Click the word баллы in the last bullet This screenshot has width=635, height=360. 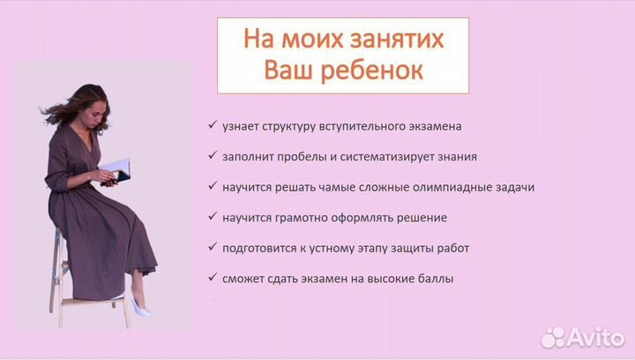[x=435, y=278]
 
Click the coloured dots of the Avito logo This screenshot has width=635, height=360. [x=553, y=336]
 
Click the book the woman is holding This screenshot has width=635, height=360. [x=115, y=169]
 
